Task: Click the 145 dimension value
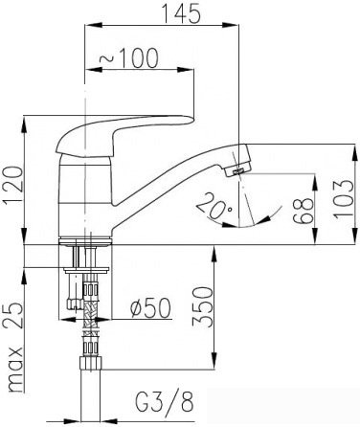pyautogui.click(x=182, y=13)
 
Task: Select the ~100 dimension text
pyautogui.click(x=128, y=58)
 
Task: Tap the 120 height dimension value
pyautogui.click(x=13, y=185)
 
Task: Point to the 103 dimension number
pyautogui.click(x=345, y=199)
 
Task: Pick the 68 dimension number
pyautogui.click(x=303, y=211)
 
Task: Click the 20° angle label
pyautogui.click(x=214, y=207)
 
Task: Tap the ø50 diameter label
pyautogui.click(x=150, y=308)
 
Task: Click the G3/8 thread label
pyautogui.click(x=165, y=402)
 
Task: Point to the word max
pyautogui.click(x=15, y=370)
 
